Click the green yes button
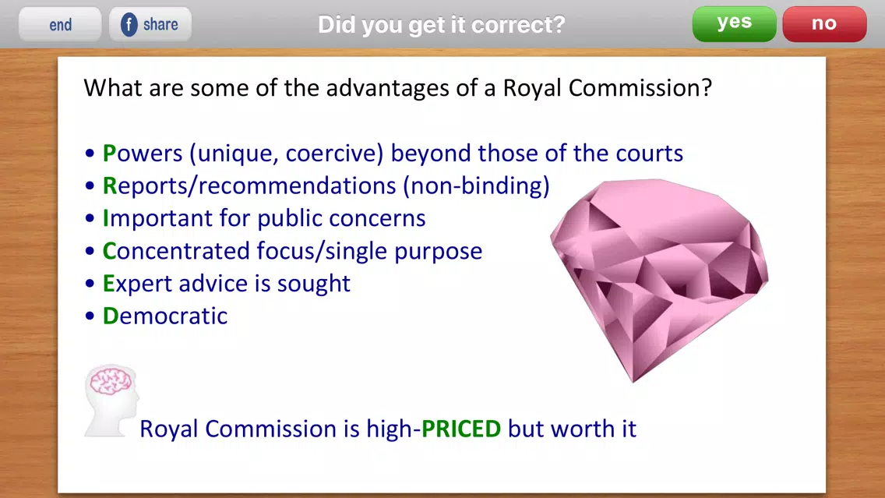(734, 23)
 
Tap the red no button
(824, 23)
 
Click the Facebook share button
(150, 24)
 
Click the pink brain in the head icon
(111, 381)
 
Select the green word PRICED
(461, 429)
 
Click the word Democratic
(165, 316)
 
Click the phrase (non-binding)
(476, 186)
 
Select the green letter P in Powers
(109, 154)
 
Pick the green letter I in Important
(105, 218)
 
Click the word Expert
(137, 284)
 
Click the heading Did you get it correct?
(442, 24)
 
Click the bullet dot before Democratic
(90, 316)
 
